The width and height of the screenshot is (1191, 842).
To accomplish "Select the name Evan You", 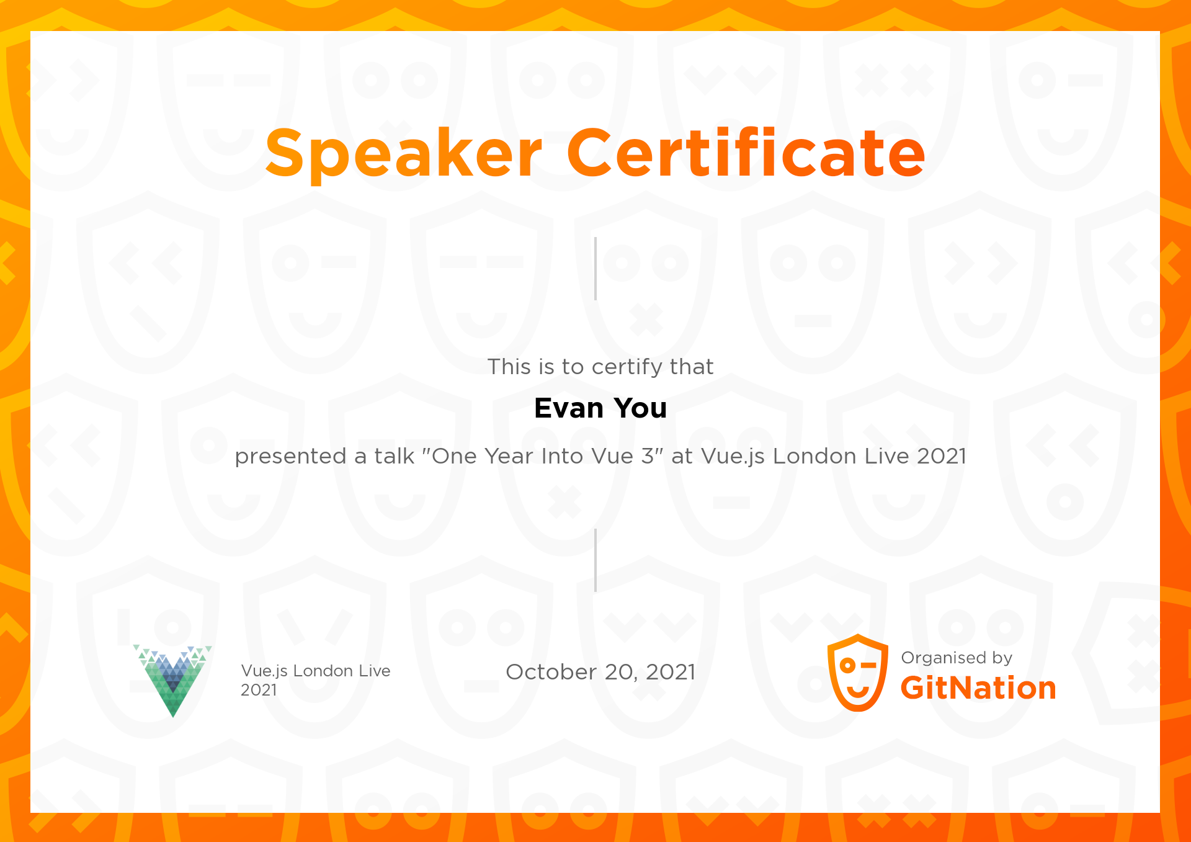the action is (x=600, y=408).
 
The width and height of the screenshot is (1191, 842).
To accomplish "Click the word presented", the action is (x=290, y=457).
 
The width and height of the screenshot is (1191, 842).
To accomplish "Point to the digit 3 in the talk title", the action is (x=648, y=456).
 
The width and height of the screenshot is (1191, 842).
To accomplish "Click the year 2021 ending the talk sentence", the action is (x=942, y=456).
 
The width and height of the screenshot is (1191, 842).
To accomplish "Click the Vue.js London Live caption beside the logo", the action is (x=316, y=671).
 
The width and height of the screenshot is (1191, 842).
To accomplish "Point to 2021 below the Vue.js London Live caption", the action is (x=259, y=690).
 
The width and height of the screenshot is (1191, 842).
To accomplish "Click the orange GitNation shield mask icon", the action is (x=858, y=673).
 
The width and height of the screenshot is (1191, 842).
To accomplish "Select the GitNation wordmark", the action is (x=978, y=688).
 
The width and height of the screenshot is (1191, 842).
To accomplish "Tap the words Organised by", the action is (x=957, y=658).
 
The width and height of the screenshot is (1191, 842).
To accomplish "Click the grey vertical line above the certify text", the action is (x=595, y=269).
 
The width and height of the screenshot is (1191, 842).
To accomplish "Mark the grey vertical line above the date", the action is (x=595, y=560).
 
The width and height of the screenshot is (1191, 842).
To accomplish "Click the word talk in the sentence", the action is (x=394, y=456).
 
